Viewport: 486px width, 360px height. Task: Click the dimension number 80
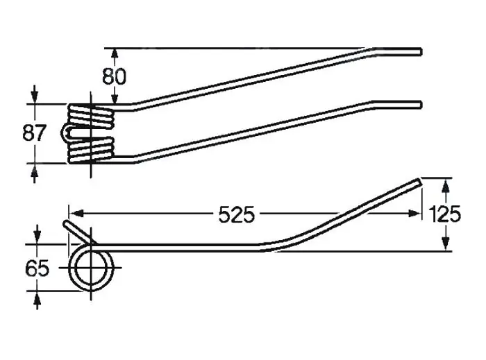point(115,76)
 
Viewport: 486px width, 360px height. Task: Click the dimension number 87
point(35,133)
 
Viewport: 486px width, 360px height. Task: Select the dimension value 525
point(237,214)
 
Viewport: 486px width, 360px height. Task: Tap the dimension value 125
point(445,214)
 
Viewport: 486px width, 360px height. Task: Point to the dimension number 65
point(37,268)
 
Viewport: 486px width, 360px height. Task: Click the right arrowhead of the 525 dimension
point(414,214)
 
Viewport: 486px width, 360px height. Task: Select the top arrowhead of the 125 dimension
point(446,186)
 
